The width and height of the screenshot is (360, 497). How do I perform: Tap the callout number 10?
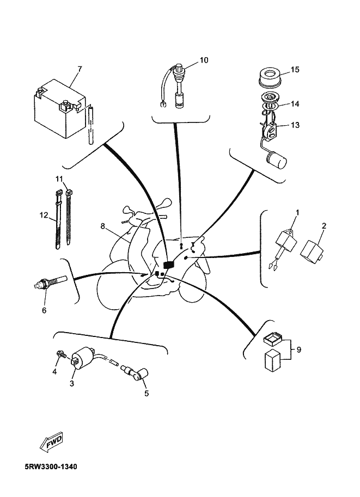point(204,60)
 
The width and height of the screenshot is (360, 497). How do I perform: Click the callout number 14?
point(295,103)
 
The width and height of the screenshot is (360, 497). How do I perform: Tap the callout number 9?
point(298,349)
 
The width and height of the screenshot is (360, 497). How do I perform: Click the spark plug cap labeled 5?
point(139,373)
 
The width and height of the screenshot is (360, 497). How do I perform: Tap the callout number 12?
point(44,215)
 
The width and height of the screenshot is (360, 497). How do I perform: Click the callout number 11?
point(59,179)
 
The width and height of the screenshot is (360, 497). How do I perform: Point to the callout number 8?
point(102,226)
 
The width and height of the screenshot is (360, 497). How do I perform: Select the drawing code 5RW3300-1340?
point(51,467)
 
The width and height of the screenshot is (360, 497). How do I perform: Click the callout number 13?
point(295,125)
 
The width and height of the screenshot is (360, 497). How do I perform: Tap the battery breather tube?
point(91,126)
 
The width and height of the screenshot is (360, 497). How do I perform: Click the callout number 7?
point(80,69)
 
